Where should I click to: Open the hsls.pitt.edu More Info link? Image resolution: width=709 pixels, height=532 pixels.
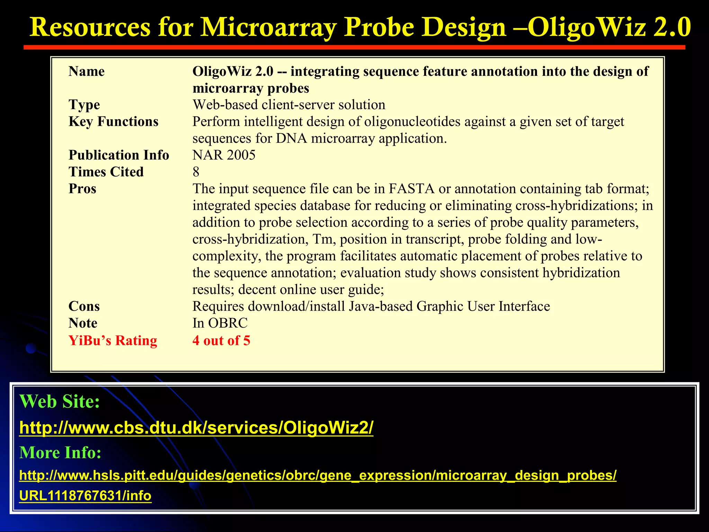click(x=317, y=475)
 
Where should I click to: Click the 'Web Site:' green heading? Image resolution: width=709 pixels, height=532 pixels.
click(x=60, y=401)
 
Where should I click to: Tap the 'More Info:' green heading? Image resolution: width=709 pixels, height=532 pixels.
click(x=60, y=452)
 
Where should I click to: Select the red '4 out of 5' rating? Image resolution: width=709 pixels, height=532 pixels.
click(x=221, y=340)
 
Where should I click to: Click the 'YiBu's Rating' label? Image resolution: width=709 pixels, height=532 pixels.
click(x=113, y=340)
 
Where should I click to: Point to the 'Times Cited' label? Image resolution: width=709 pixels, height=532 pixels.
click(x=106, y=172)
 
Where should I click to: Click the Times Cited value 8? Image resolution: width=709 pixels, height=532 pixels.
click(x=196, y=172)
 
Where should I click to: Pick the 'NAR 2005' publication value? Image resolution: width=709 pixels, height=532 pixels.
click(x=224, y=155)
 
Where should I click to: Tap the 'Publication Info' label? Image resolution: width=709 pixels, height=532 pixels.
click(x=119, y=155)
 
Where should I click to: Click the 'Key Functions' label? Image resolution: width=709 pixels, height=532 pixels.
click(x=113, y=122)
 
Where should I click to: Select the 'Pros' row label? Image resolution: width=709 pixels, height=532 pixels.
click(x=82, y=189)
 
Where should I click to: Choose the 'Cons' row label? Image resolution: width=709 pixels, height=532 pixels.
click(x=84, y=306)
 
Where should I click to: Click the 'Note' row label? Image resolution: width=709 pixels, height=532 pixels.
click(x=83, y=323)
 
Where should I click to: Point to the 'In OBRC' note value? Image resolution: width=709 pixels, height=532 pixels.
click(x=220, y=323)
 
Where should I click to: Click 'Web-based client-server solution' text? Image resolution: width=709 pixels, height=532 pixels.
click(x=289, y=105)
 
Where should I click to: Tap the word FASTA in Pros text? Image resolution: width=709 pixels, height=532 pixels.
click(x=411, y=189)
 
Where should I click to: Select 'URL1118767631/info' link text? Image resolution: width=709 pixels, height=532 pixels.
click(x=85, y=496)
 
